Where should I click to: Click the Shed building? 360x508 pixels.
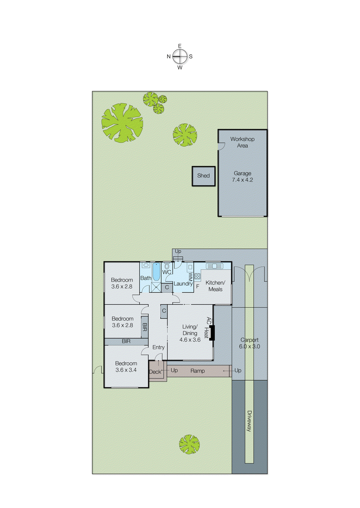coord(203,176)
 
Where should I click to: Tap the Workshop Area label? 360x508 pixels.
coord(242,142)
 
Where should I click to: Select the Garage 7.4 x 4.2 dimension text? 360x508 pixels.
coord(242,180)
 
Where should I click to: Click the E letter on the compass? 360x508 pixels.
coord(180,46)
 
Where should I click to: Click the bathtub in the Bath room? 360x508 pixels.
coord(156,272)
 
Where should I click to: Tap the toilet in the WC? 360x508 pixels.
coord(167,266)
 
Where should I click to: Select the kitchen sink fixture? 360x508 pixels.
coord(214,266)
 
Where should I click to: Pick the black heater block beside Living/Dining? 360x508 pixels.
coord(212,333)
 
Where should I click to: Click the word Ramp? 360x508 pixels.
coord(198,371)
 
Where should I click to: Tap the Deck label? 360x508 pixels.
coord(155,372)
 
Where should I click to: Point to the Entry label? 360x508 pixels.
coord(159,347)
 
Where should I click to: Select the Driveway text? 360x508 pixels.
coord(249,421)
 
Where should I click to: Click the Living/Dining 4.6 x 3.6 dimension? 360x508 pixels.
coord(190,340)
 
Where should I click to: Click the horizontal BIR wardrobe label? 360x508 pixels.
coord(126,341)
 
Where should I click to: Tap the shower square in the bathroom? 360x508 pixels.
coord(156,287)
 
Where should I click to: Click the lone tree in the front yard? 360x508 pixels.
coord(189,444)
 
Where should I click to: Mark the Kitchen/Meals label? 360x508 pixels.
coord(215,286)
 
